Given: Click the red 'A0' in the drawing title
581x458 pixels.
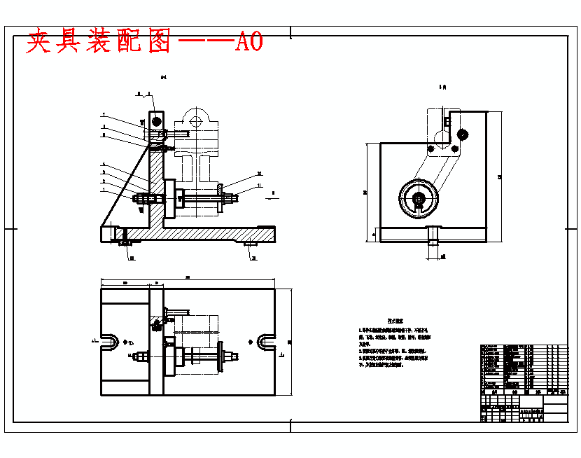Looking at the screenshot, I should [x=249, y=42].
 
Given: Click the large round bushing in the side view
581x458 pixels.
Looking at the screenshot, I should [x=419, y=199].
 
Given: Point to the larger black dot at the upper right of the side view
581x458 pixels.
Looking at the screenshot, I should [x=462, y=134].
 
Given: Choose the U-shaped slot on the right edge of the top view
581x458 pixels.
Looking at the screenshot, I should [x=266, y=342].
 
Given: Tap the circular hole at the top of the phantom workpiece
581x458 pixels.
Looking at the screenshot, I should [x=195, y=120].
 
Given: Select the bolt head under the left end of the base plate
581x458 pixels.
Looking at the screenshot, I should [x=127, y=243].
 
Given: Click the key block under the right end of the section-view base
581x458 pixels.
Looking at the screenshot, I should [x=251, y=244].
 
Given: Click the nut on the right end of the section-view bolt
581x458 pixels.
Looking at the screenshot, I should [x=229, y=201].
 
